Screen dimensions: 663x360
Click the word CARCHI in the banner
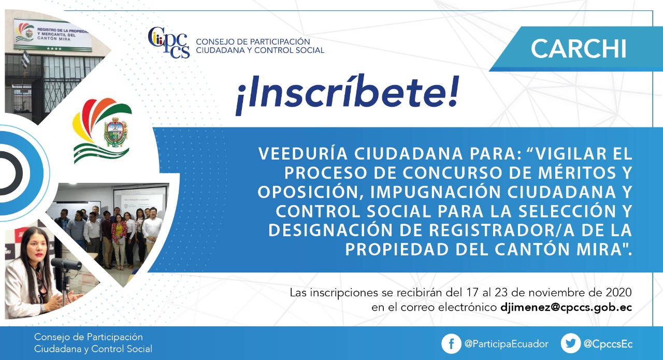[x=579, y=49]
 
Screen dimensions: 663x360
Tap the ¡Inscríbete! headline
[x=348, y=94]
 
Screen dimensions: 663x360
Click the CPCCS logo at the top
[x=169, y=42]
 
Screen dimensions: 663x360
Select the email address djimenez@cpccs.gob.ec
[x=566, y=307]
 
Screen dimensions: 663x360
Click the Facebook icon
[x=451, y=344]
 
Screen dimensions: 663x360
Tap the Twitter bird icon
[x=570, y=343]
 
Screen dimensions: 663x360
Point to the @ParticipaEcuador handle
[x=507, y=344]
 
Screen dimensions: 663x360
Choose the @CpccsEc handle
[x=608, y=344]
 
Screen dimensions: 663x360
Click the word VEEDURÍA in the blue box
[x=303, y=154]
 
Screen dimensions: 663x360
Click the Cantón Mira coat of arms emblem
[x=116, y=133]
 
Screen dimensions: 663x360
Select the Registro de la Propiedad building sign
[x=52, y=35]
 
